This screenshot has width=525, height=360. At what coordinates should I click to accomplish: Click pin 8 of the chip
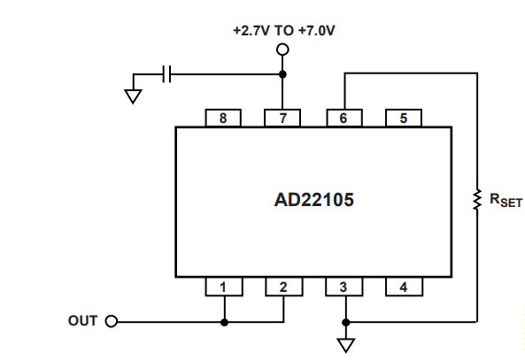[x=223, y=118]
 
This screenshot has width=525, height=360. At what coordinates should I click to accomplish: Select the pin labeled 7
[x=282, y=118]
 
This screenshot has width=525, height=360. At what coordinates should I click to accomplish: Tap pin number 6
[x=344, y=118]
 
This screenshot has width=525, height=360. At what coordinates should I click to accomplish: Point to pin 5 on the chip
[x=404, y=118]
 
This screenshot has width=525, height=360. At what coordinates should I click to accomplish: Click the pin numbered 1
[x=224, y=287]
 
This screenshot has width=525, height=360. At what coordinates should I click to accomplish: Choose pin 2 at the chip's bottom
[x=284, y=287]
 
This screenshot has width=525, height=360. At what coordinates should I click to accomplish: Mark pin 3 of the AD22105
[x=344, y=287]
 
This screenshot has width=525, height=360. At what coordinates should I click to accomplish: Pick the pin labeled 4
[x=404, y=287]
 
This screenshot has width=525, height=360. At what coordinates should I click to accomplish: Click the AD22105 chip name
[x=313, y=200]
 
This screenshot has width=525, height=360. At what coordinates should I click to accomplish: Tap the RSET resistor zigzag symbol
[x=477, y=200]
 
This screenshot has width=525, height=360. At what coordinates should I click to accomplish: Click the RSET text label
[x=506, y=201]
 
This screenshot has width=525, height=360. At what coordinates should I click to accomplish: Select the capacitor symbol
[x=166, y=74]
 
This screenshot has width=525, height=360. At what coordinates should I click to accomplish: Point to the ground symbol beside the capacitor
[x=133, y=96]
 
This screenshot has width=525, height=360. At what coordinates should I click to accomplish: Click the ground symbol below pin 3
[x=346, y=346]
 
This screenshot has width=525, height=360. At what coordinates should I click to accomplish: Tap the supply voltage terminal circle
[x=282, y=50]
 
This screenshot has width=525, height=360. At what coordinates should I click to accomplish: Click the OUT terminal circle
[x=112, y=321]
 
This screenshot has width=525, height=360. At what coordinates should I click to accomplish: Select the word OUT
[x=82, y=321]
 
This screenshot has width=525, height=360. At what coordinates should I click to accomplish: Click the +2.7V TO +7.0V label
[x=284, y=31]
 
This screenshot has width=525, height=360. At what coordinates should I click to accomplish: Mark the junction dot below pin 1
[x=225, y=323]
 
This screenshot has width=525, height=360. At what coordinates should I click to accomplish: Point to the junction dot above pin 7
[x=282, y=74]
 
